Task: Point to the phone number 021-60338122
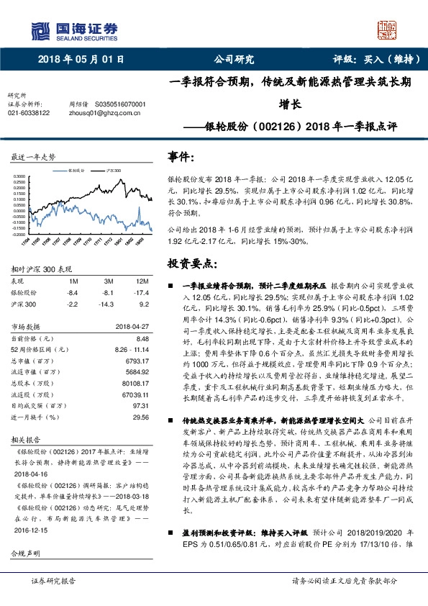point(29,113)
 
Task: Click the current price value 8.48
point(142,338)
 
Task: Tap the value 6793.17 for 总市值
point(137,362)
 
